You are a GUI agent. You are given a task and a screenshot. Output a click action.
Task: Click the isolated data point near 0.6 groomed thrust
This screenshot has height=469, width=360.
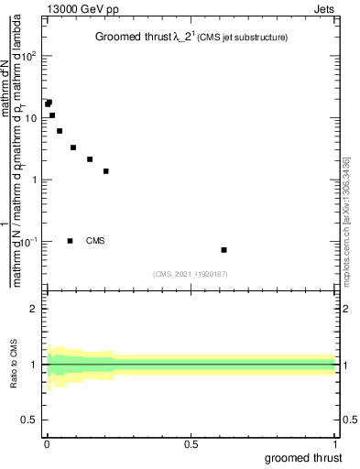[224, 250]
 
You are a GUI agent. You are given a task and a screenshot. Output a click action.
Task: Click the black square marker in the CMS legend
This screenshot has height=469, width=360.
[70, 241]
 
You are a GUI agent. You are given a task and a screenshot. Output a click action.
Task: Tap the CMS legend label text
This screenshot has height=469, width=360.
[95, 241]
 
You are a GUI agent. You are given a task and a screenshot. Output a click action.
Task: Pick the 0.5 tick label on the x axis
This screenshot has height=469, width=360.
[191, 444]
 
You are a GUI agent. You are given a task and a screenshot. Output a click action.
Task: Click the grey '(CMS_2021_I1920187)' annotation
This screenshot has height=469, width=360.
[191, 274]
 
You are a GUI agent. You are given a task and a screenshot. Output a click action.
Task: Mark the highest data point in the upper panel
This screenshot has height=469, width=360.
[49, 103]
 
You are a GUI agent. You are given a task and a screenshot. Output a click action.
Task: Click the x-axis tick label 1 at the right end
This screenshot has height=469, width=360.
[334, 444]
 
